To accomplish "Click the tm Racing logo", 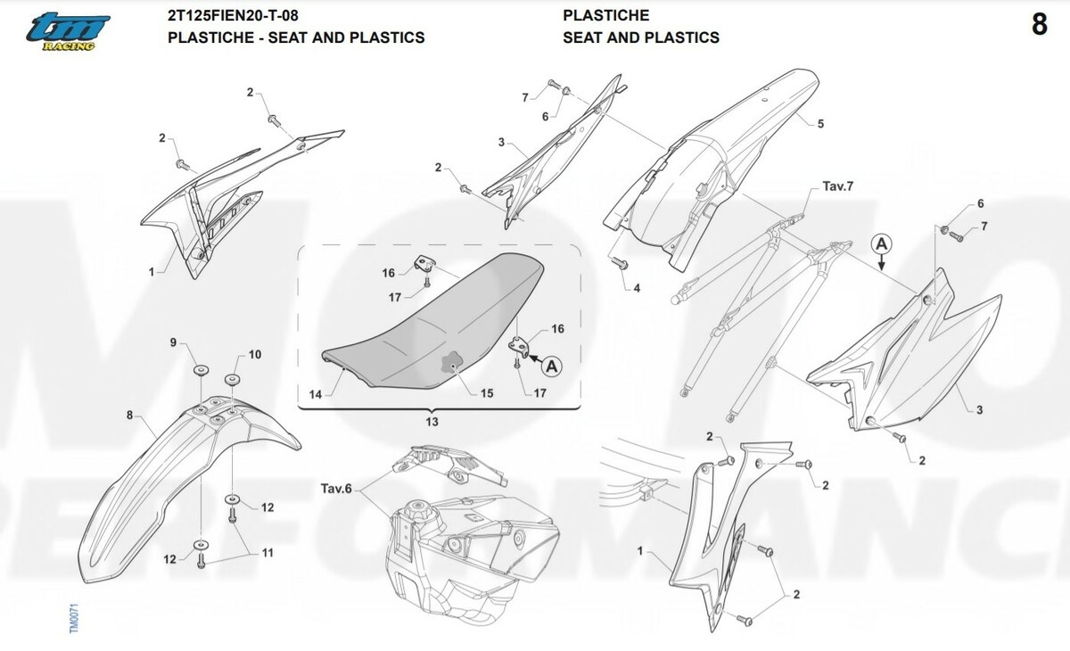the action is [x=68, y=32].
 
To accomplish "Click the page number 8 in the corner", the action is [x=1040, y=24].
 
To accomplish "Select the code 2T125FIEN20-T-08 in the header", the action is [x=233, y=15].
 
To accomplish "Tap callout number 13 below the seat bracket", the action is [x=432, y=422].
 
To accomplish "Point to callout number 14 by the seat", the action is [x=316, y=394].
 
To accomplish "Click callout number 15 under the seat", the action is [x=487, y=393].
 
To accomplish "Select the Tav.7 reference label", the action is [x=838, y=186].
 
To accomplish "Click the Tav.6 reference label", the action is [x=336, y=489].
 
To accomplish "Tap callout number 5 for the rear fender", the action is [x=820, y=124].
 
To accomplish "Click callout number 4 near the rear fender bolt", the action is [x=637, y=288].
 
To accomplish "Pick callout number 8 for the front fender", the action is [x=129, y=415].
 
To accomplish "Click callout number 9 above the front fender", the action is [x=173, y=342].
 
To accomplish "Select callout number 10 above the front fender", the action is [x=255, y=354].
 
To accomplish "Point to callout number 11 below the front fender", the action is [x=267, y=553].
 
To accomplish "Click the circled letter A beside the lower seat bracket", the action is [x=551, y=367].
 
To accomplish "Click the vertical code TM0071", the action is [x=74, y=619].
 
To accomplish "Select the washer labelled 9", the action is [x=202, y=370].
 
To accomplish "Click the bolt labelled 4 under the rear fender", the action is [x=619, y=262].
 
